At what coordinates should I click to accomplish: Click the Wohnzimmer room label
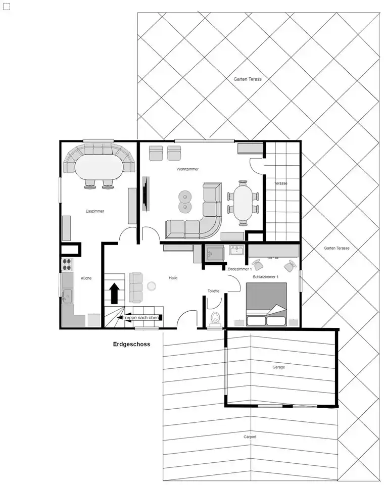click(187, 169)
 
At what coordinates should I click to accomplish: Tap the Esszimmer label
click(95, 211)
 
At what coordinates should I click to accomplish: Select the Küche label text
click(86, 278)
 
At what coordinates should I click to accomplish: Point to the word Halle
click(173, 278)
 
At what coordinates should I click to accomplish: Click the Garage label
click(279, 367)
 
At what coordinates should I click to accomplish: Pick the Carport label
click(250, 437)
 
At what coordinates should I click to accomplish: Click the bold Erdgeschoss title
click(131, 344)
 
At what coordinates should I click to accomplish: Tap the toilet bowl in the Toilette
click(215, 319)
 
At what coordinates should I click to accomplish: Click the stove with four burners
click(67, 264)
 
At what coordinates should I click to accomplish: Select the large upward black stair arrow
click(115, 293)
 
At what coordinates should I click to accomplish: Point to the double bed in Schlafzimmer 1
click(266, 304)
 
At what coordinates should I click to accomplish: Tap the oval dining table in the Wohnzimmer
click(243, 203)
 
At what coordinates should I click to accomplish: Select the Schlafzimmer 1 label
click(265, 277)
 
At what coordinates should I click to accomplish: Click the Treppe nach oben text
click(141, 318)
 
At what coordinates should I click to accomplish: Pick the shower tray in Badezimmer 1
click(214, 254)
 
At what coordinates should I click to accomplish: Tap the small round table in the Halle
click(151, 286)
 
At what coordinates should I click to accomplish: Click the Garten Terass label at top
click(248, 79)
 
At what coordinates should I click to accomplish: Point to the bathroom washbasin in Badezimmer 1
click(237, 250)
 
